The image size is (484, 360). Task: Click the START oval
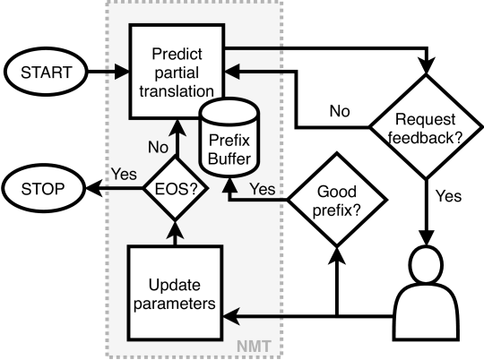tap(46, 72)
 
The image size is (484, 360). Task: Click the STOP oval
tap(43, 188)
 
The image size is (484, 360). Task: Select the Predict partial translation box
tap(177, 72)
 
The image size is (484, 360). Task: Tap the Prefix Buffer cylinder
tap(229, 138)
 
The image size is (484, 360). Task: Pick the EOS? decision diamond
tap(176, 188)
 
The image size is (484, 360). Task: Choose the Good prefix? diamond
tap(336, 200)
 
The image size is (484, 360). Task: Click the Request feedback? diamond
tap(426, 127)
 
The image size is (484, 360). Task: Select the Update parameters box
tap(175, 293)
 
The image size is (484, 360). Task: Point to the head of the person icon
tap(426, 264)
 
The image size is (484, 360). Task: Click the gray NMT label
tap(254, 346)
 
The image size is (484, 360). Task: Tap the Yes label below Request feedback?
tap(448, 196)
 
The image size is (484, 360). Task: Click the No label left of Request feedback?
tap(340, 111)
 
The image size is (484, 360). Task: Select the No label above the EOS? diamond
tap(158, 147)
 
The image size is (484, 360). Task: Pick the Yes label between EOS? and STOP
tap(124, 174)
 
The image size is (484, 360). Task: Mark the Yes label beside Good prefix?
tap(263, 189)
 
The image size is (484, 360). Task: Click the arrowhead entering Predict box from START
tap(122, 72)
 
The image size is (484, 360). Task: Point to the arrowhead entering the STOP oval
tap(94, 188)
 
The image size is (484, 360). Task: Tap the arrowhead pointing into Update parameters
tap(231, 316)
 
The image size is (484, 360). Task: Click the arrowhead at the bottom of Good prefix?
tap(336, 255)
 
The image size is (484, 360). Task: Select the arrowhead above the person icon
tap(426, 238)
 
